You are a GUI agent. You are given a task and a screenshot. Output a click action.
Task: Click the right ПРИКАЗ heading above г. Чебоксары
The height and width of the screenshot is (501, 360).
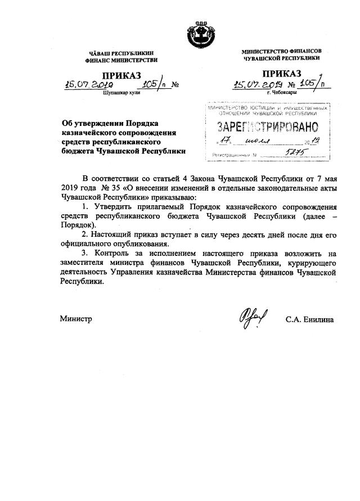coord(281,74)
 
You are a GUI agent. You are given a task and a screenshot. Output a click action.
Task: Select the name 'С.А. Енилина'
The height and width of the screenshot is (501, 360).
coord(309,320)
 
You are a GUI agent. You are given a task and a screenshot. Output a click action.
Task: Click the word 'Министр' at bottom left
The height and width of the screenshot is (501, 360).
coord(75,319)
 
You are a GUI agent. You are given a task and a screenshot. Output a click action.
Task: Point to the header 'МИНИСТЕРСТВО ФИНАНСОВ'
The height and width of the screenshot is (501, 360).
coord(281,51)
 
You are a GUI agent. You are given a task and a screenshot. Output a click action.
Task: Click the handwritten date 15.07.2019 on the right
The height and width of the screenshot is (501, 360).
coord(258,84)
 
